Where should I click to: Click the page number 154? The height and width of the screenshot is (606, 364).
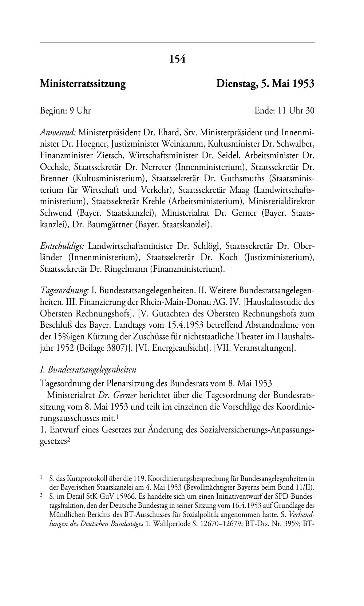(177, 59)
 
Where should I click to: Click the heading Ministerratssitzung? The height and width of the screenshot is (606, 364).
(83, 84)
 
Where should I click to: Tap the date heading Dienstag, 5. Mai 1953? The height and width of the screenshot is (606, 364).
(265, 84)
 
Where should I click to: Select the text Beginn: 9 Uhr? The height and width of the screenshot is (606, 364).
(65, 110)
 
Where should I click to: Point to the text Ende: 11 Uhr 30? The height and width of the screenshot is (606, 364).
(284, 110)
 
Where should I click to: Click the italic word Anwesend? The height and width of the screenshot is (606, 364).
(58, 132)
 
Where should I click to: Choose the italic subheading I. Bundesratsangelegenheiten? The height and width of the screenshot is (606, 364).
(88, 370)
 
